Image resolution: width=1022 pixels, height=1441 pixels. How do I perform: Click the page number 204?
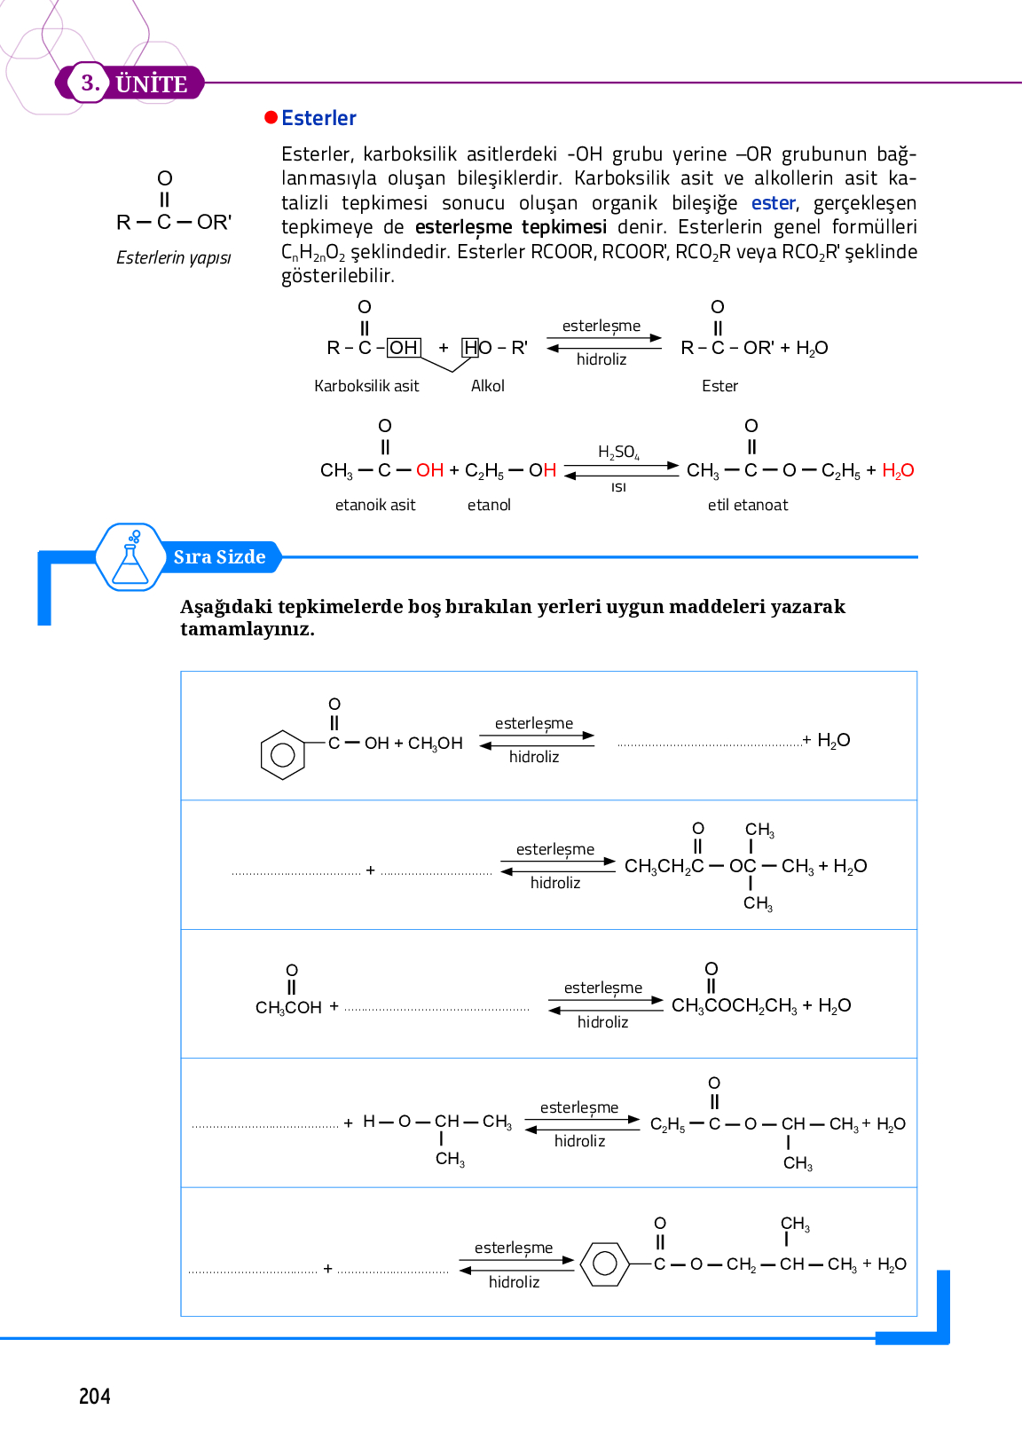point(95,1396)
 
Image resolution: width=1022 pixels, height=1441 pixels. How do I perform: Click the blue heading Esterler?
point(318,118)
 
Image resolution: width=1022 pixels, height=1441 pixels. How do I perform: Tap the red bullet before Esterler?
point(271,118)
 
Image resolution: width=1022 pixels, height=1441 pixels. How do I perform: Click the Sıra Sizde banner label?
point(219,557)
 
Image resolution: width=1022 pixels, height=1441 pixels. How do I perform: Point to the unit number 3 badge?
point(89,83)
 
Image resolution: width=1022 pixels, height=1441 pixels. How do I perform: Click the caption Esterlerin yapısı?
point(174,257)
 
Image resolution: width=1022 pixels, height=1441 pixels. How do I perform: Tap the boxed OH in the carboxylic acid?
point(404,348)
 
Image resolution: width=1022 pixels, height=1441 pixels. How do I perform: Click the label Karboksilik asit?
point(366,386)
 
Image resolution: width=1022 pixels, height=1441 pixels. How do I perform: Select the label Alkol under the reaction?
point(487,386)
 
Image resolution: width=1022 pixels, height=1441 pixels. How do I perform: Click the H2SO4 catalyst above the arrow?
point(618,453)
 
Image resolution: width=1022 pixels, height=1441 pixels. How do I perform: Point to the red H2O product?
point(898,470)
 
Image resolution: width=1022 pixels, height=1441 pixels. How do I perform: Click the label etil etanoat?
point(748,505)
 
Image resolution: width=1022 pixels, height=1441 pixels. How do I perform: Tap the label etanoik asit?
point(375,505)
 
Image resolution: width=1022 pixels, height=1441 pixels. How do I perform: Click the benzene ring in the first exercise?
point(283,755)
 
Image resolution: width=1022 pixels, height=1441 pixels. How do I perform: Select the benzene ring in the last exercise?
point(605,1264)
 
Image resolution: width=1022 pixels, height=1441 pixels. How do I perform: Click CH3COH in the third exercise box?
point(288,1007)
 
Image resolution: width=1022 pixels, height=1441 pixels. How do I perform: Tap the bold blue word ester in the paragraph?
point(773,203)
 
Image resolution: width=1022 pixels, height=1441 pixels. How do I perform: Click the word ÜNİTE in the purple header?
point(152,84)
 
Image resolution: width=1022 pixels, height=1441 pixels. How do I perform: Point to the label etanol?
point(489,505)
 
